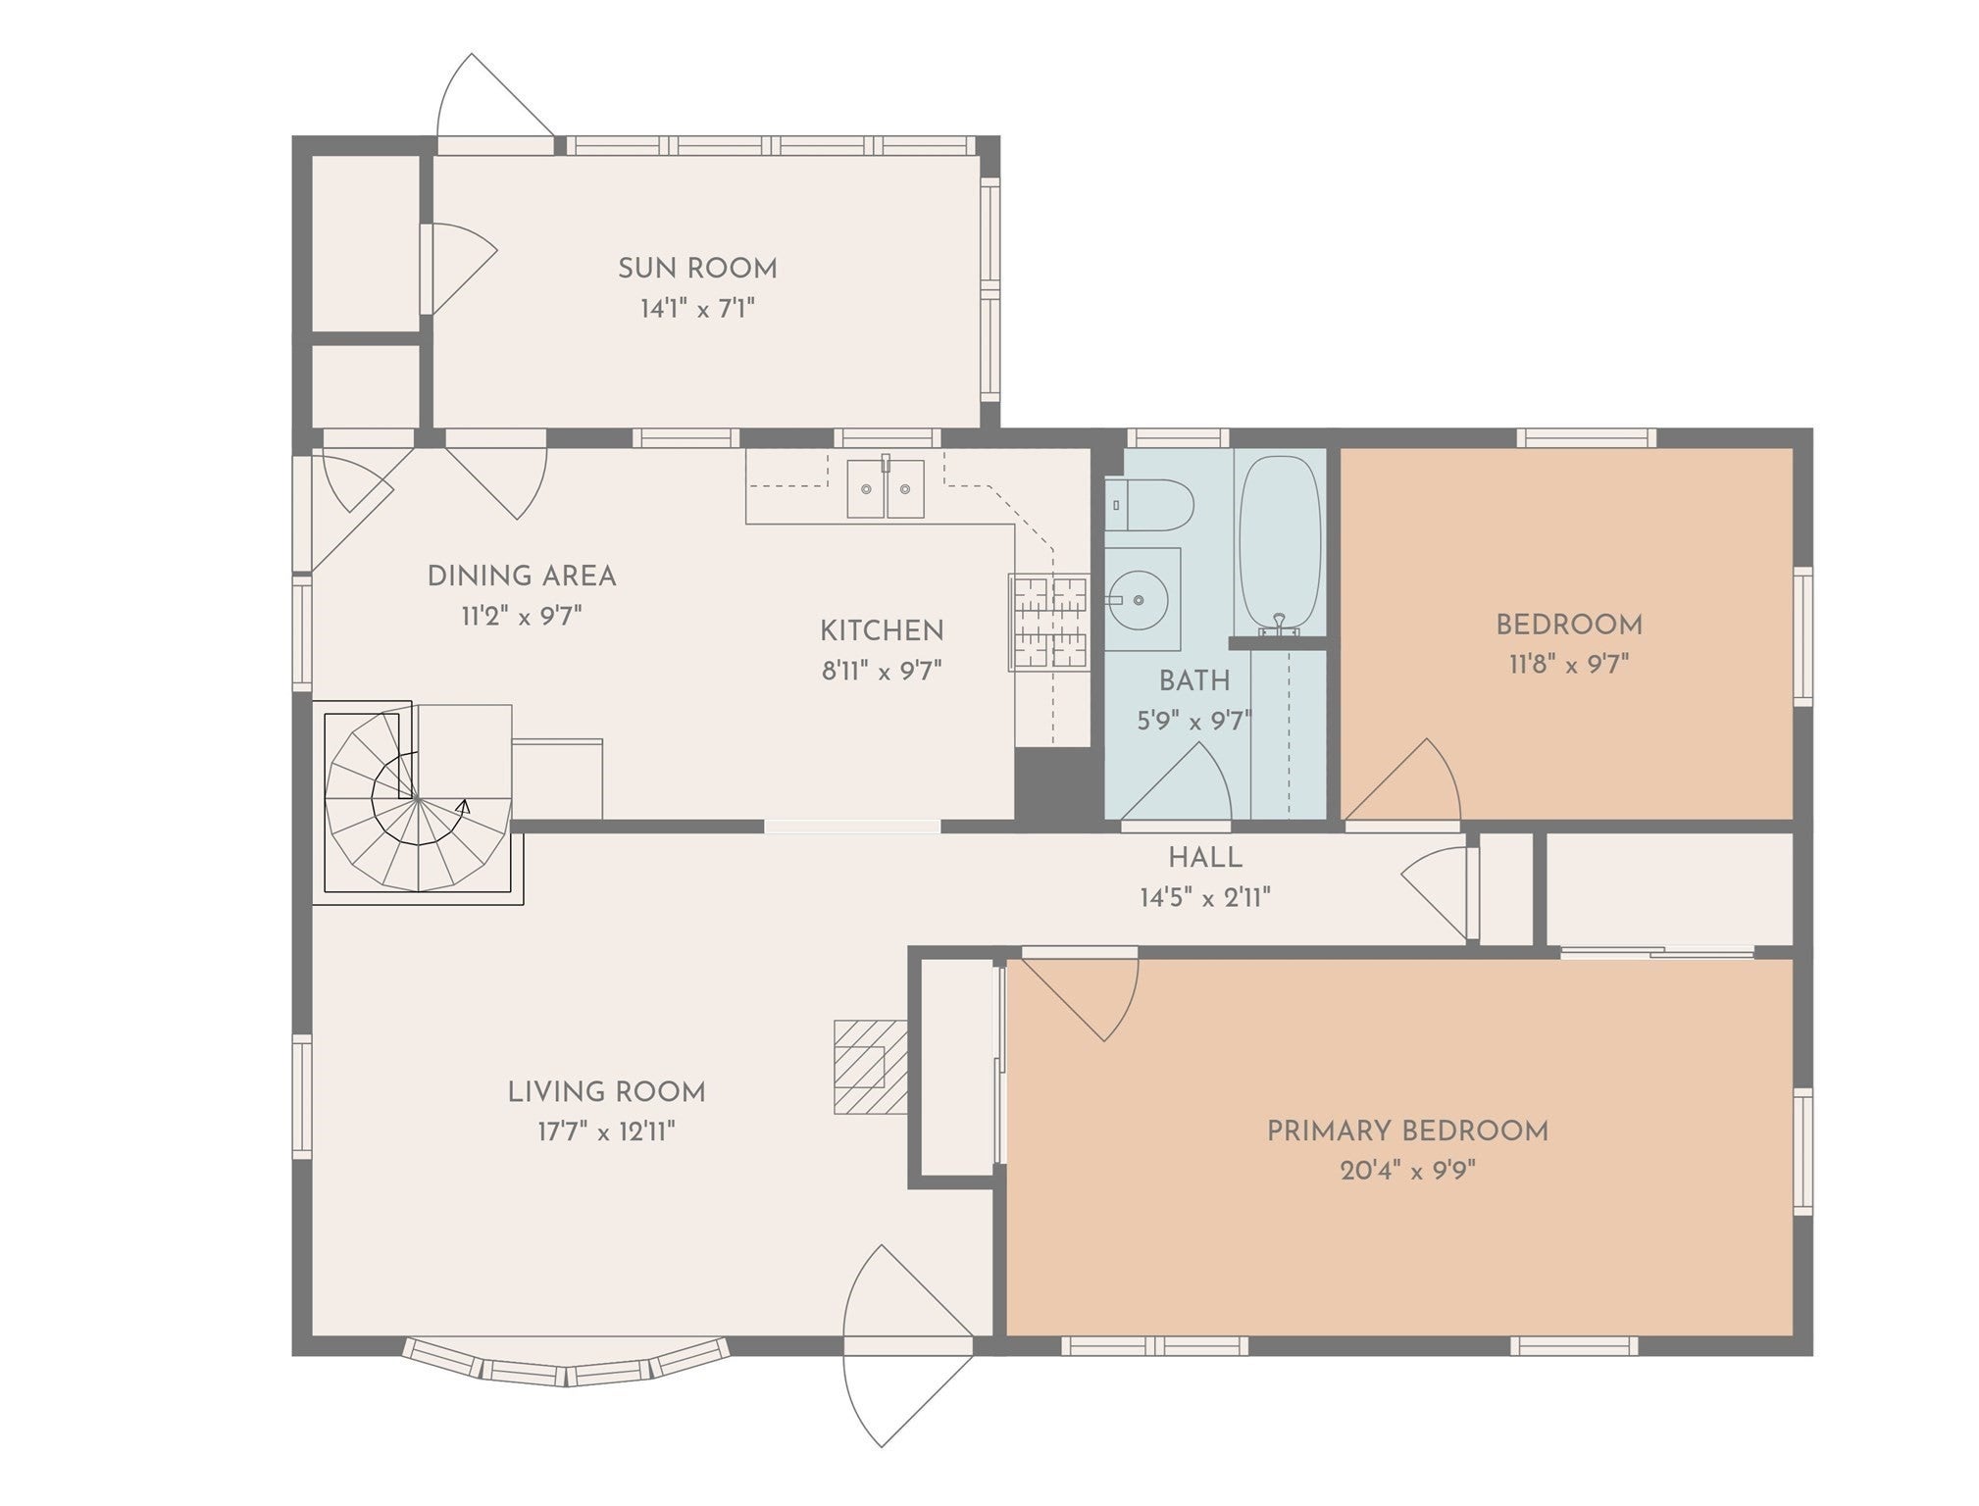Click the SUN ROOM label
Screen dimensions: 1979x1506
[x=697, y=268]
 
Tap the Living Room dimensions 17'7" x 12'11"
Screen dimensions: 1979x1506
[x=606, y=1131]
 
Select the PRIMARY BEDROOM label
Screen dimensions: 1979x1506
[x=1407, y=1130]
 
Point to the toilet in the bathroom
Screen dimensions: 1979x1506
[x=1148, y=505]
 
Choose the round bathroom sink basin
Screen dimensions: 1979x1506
[x=1139, y=599]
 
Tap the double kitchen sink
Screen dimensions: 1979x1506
[x=886, y=488]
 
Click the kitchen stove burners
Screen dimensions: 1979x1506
[x=1049, y=622]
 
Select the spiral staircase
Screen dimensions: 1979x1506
[x=418, y=798]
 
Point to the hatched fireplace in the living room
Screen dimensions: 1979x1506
[x=870, y=1067]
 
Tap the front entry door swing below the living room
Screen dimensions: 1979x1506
[x=907, y=1345]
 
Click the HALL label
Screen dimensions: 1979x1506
[x=1205, y=858]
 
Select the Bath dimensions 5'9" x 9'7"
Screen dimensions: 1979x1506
[x=1194, y=722]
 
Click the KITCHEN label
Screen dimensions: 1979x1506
[x=882, y=630]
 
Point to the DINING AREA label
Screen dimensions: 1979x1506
[x=522, y=576]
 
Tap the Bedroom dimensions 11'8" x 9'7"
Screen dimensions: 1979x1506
[x=1569, y=665]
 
